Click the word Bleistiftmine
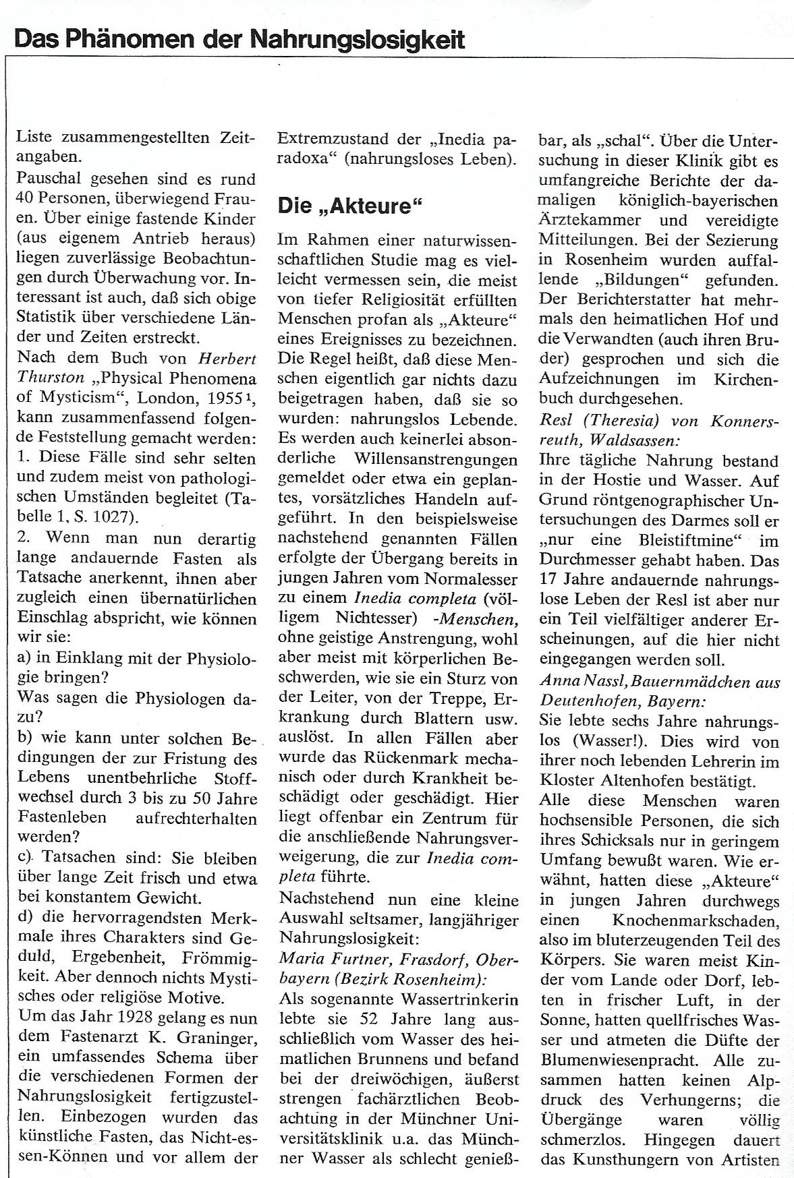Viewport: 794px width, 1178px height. coord(679,540)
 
